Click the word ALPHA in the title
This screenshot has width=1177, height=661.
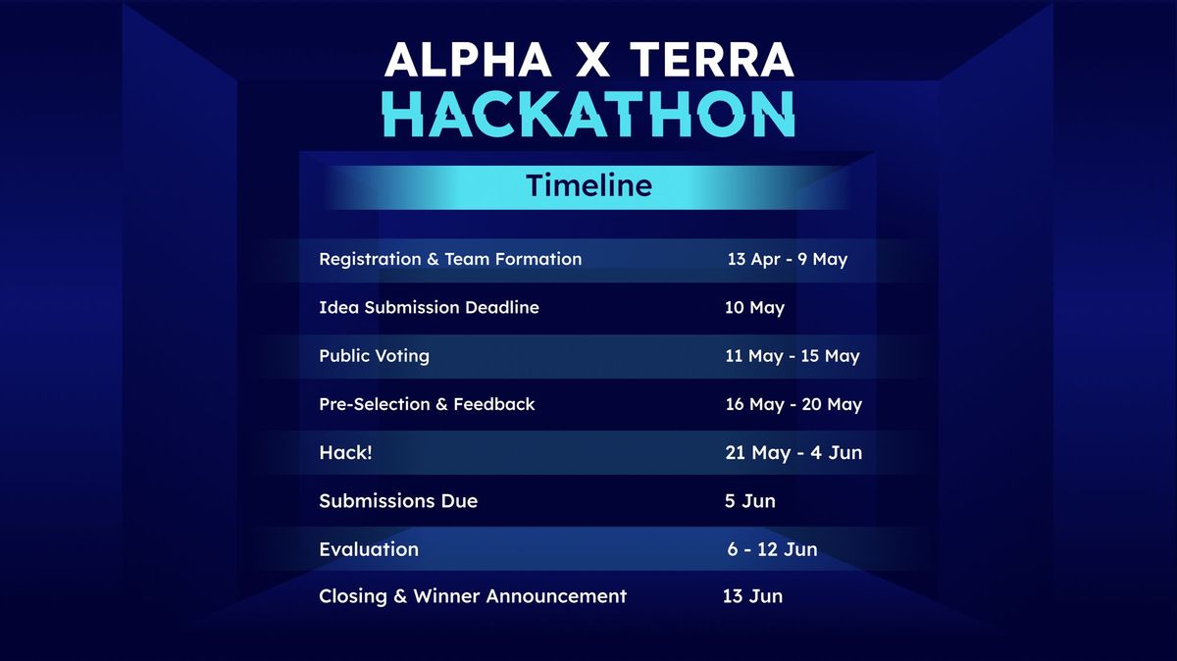point(467,61)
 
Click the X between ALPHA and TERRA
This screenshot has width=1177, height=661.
point(591,61)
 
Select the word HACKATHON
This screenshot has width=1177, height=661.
point(588,115)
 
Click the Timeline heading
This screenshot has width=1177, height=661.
point(588,185)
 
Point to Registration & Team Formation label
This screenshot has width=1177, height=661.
point(450,260)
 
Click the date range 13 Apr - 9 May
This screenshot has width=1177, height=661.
point(787,260)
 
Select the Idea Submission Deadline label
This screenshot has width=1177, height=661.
point(429,308)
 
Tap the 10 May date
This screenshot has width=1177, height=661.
point(754,308)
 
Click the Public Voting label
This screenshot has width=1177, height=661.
point(374,356)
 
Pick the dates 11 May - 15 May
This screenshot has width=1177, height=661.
point(792,356)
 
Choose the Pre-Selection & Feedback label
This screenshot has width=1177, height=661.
point(427,404)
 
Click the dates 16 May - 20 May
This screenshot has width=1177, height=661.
point(793,404)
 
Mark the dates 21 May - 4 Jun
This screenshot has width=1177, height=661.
point(793,453)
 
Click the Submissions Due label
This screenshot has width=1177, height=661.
point(398,501)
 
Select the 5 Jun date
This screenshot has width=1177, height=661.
point(749,501)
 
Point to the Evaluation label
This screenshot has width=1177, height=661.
point(369,549)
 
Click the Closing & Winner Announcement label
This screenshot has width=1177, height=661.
point(473,596)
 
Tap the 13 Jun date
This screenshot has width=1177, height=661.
point(752,596)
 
